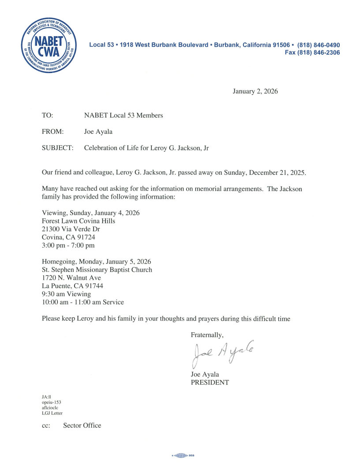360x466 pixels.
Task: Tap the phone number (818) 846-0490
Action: click(319, 45)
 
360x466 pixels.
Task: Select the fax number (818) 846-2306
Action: click(319, 53)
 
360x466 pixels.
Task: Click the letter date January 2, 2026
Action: click(255, 92)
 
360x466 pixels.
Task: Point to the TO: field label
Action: click(47, 116)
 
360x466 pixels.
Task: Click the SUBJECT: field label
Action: click(57, 148)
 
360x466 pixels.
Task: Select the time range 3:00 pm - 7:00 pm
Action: click(68, 245)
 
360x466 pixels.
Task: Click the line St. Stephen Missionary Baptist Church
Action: click(97, 270)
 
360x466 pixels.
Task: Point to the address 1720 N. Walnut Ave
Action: click(71, 278)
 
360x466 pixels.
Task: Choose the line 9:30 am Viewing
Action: click(66, 294)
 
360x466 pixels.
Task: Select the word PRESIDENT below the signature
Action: click(210, 383)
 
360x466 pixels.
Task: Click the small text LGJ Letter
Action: click(52, 413)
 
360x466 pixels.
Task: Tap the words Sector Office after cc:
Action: click(82, 426)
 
